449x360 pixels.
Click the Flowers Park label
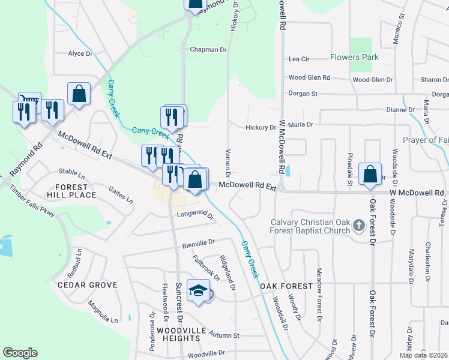click(354, 58)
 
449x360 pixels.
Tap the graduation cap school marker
click(197, 291)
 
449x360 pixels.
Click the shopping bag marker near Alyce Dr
click(79, 94)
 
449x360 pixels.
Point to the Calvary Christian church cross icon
click(358, 226)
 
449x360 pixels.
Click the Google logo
click(20, 353)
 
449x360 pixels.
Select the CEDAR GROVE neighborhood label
click(87, 285)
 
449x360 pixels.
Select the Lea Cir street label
click(299, 59)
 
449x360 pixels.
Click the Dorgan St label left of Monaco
click(303, 94)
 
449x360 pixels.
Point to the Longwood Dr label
click(195, 215)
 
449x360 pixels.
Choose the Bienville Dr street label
click(199, 243)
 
